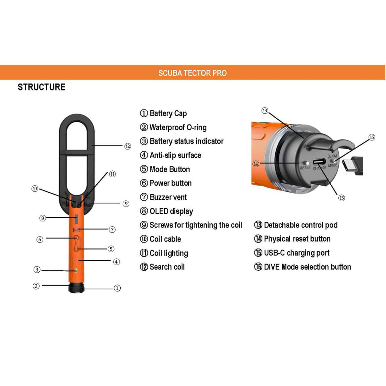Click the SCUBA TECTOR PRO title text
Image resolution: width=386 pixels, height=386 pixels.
[x=192, y=73]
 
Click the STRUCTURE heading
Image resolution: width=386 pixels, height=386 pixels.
[x=42, y=87]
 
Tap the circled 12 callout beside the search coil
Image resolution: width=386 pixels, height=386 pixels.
[x=128, y=146]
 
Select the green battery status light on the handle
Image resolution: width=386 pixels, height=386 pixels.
[x=76, y=270]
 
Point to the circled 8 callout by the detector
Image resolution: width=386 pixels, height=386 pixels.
[x=43, y=218]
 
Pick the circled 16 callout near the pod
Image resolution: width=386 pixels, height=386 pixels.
[x=372, y=137]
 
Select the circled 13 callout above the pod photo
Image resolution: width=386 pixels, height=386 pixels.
[x=265, y=110]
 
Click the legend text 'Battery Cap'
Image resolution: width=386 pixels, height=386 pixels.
[x=168, y=113]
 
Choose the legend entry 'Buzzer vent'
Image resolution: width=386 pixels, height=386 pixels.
[x=168, y=197]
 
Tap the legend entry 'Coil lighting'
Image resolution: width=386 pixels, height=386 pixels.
[x=169, y=253]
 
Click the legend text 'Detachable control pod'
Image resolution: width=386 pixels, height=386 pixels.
[x=301, y=225]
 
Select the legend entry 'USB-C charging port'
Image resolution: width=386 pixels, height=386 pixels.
[x=297, y=253]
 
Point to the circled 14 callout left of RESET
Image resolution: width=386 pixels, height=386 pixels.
[x=256, y=164]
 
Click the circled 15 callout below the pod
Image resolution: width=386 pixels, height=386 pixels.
[x=342, y=198]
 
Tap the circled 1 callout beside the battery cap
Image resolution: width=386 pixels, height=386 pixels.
[x=117, y=288]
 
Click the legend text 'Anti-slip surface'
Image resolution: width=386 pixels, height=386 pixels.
[x=175, y=155]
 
